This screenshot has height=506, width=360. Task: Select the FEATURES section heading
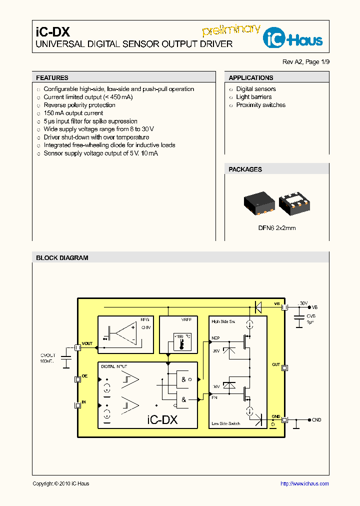tap(52, 78)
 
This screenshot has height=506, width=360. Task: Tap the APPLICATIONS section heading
tap(251, 78)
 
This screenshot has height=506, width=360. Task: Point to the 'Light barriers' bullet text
tap(254, 97)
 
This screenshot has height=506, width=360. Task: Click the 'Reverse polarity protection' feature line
tap(79, 105)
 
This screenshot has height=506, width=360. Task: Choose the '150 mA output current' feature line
tap(73, 113)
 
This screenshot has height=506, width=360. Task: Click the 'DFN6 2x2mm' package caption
tap(277, 228)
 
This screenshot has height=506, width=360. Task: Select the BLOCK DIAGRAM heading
tap(62, 258)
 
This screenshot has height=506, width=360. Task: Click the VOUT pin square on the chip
tap(77, 347)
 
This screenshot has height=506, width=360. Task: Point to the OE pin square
tap(77, 379)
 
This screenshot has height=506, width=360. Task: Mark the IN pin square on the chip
tap(77, 405)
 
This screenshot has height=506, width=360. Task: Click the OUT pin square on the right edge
tap(285, 368)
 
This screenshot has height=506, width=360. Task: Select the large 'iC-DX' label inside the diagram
tap(162, 420)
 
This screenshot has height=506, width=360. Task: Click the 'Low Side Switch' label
tap(225, 423)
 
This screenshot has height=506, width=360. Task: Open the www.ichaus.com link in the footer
tap(304, 483)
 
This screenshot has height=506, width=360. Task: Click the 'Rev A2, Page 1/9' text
tap(306, 62)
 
